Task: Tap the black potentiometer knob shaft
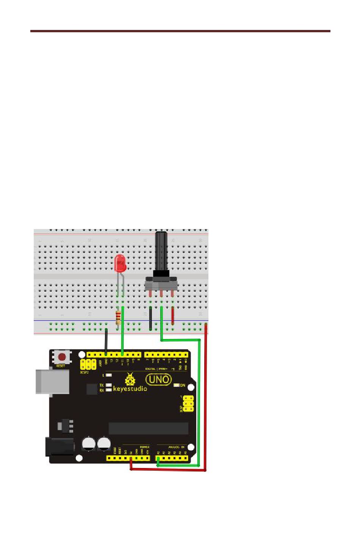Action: point(161,250)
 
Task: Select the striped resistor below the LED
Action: point(118,317)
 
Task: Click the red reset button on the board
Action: point(62,357)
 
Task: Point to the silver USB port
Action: point(52,381)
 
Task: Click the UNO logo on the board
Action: point(159,379)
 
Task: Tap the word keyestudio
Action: point(130,388)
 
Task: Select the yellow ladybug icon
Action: point(130,379)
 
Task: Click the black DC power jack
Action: point(58,447)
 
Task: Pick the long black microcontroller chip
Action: point(148,428)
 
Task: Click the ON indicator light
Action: point(177,385)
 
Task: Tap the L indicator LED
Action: point(109,375)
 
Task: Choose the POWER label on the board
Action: point(144,447)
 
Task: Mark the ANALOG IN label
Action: point(176,447)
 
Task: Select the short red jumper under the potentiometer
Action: point(173,316)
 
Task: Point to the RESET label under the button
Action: point(61,366)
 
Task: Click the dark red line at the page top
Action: point(180,31)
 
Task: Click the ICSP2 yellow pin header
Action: point(88,364)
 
